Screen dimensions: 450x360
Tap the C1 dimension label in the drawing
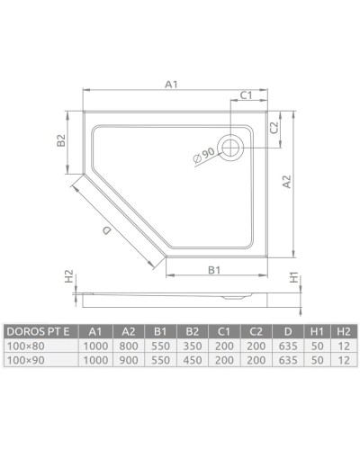tap(244, 94)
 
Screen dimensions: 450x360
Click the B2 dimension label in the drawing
tap(60, 140)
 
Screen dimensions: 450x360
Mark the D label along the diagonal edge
tap(107, 232)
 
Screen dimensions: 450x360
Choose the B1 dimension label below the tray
tap(215, 270)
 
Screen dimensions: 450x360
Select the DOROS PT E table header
tap(40, 330)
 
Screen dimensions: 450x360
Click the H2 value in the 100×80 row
tap(343, 345)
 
